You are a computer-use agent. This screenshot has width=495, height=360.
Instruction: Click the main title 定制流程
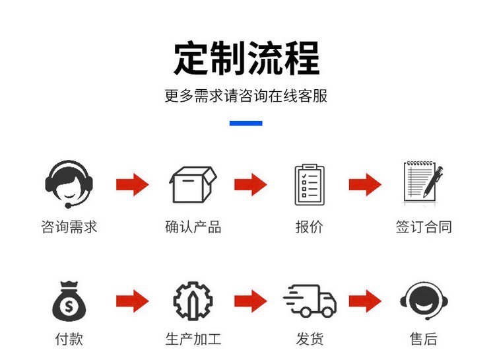tap(247, 58)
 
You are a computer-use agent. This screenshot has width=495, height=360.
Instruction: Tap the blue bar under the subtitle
tap(246, 124)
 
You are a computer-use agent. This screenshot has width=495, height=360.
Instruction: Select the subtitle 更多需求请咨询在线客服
tap(246, 96)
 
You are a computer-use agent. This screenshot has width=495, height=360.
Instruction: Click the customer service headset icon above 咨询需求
tap(69, 184)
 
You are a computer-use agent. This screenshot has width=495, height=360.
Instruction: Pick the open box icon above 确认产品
tap(193, 184)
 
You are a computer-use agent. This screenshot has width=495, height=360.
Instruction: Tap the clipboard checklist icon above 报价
tap(310, 185)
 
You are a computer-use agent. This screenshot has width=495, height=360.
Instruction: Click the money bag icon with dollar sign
tap(69, 301)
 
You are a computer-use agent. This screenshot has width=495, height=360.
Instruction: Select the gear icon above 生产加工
tap(193, 301)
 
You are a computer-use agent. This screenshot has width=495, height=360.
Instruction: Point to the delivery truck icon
tap(310, 301)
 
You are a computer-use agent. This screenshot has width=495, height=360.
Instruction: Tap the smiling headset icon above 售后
tap(424, 301)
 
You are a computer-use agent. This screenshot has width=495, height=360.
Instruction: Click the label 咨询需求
tap(69, 227)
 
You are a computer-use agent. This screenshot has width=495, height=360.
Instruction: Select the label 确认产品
tap(193, 227)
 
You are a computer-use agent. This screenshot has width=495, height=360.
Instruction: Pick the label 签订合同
tap(424, 227)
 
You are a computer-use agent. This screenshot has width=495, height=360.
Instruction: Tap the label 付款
tap(69, 339)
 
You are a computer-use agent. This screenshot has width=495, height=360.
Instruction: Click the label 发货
tap(310, 339)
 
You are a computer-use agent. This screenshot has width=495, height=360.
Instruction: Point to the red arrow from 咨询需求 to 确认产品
tap(133, 184)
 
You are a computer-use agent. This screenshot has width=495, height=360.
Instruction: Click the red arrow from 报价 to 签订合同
tap(365, 184)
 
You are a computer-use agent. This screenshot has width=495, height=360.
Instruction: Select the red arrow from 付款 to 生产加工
tap(133, 301)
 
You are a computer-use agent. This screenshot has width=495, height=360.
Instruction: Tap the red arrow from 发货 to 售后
tap(365, 301)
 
